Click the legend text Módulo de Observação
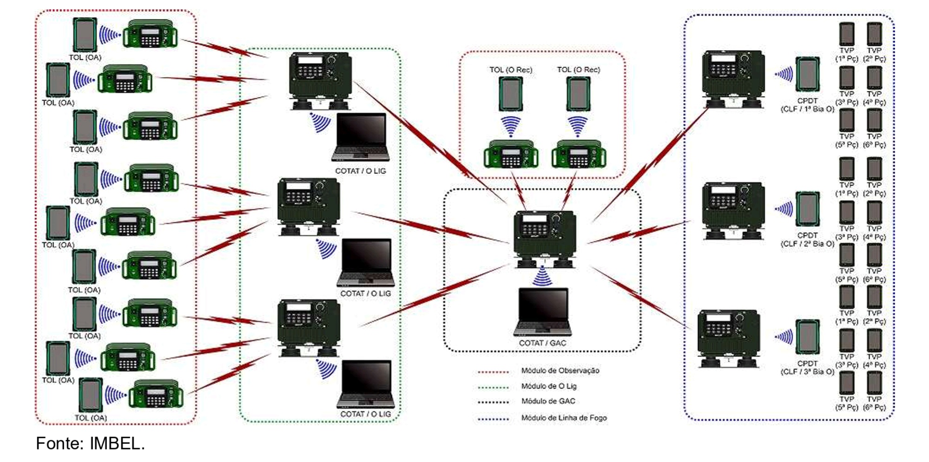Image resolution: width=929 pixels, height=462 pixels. pyautogui.click(x=560, y=371)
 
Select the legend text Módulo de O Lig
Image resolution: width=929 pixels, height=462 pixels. pyautogui.click(x=548, y=386)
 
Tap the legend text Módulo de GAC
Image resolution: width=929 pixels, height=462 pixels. pyautogui.click(x=548, y=401)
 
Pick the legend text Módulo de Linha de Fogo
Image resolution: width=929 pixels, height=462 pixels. pyautogui.click(x=564, y=418)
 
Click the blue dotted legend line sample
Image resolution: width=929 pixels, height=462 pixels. pyautogui.click(x=493, y=419)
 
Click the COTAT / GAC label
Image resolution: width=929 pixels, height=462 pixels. pyautogui.click(x=542, y=343)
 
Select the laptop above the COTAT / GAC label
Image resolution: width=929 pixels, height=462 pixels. pyautogui.click(x=542, y=311)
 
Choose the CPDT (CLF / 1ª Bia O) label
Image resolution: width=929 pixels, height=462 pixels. pyautogui.click(x=807, y=105)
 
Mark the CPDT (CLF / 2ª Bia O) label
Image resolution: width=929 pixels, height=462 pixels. pyautogui.click(x=807, y=240)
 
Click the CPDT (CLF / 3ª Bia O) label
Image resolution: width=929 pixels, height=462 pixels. pyautogui.click(x=807, y=368)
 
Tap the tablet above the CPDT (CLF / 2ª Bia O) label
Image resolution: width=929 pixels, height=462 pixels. pyautogui.click(x=808, y=209)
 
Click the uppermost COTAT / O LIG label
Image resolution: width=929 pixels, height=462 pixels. pyautogui.click(x=360, y=171)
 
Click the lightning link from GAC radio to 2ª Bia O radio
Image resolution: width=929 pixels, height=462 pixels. pyautogui.click(x=639, y=232)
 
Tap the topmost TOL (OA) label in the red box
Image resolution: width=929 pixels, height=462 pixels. pyautogui.click(x=85, y=58)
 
